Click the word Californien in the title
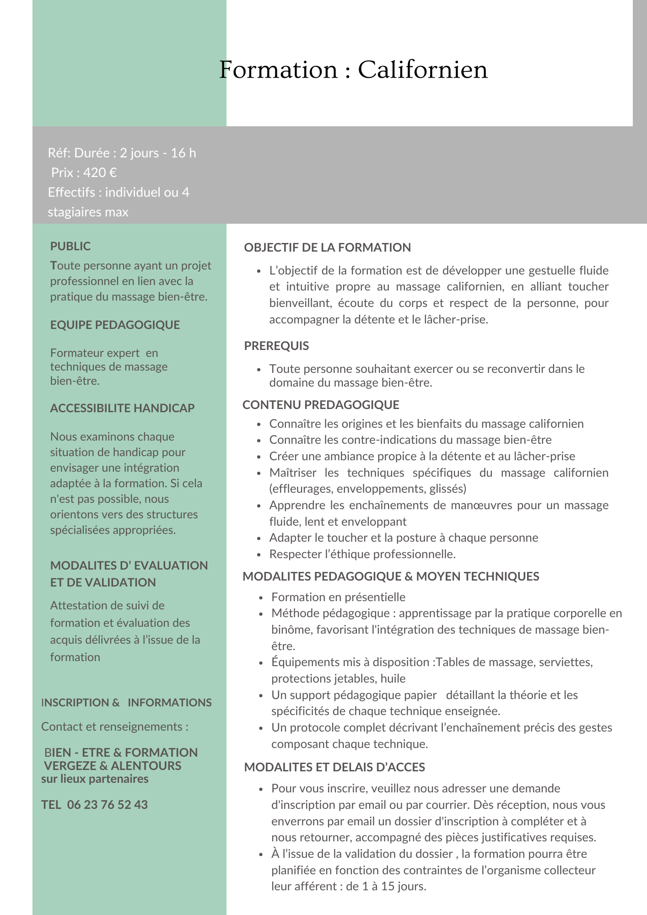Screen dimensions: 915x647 tap(422, 70)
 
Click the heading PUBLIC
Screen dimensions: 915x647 tap(70, 246)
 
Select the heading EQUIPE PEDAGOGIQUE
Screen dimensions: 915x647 tap(115, 325)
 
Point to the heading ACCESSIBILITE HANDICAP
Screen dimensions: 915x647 tap(122, 408)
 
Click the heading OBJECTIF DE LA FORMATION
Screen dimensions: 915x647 tap(327, 248)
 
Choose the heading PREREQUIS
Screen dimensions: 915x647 tap(276, 346)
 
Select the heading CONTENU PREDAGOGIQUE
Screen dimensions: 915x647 tap(321, 405)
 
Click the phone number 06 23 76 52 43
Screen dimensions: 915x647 tap(107, 805)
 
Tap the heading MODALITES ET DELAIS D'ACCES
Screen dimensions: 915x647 tap(334, 767)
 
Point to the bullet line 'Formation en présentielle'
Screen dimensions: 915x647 tap(338, 597)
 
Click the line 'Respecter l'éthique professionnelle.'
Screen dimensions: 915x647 tap(362, 554)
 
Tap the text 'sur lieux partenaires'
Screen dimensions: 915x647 tap(95, 779)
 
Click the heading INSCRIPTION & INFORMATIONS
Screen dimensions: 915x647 tap(126, 702)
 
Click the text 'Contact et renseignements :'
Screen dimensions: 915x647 tap(114, 727)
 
